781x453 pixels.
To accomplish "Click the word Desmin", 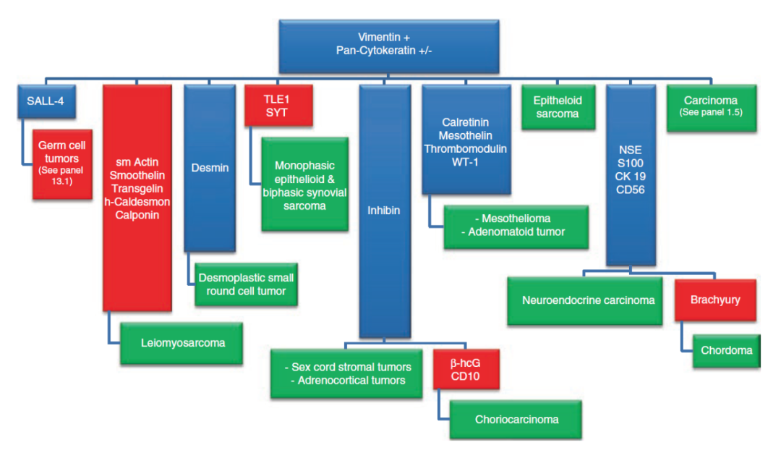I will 210,168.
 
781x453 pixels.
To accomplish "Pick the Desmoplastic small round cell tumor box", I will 247,284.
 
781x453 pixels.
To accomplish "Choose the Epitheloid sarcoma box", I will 557,107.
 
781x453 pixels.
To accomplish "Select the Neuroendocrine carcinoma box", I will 589,300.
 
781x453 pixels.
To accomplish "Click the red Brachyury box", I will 714,300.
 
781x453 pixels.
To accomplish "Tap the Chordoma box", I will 726,350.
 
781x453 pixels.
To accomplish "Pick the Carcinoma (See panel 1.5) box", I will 711,107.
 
